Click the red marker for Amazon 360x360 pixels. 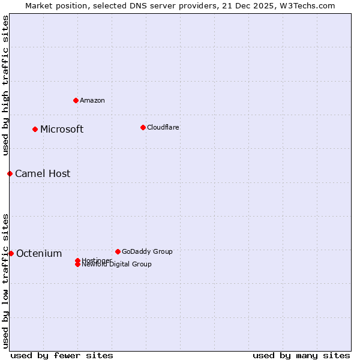point(76,100)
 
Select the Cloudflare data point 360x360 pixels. point(143,127)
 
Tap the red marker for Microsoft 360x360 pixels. point(35,129)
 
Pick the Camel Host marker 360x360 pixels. point(10,173)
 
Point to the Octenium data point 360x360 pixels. point(11,253)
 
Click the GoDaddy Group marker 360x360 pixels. point(118,251)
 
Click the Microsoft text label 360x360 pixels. point(62,130)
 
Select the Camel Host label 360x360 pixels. point(43,174)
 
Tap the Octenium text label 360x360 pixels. point(39,254)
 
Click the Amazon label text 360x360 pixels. point(92,101)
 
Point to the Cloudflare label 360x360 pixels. point(163,128)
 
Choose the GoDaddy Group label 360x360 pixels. point(147,252)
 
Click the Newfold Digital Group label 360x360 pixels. point(116,265)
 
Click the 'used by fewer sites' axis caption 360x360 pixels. point(62,355)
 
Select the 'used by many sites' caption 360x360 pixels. point(301,355)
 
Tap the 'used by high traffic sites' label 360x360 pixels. point(5,86)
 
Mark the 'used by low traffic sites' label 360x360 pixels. point(5,280)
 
